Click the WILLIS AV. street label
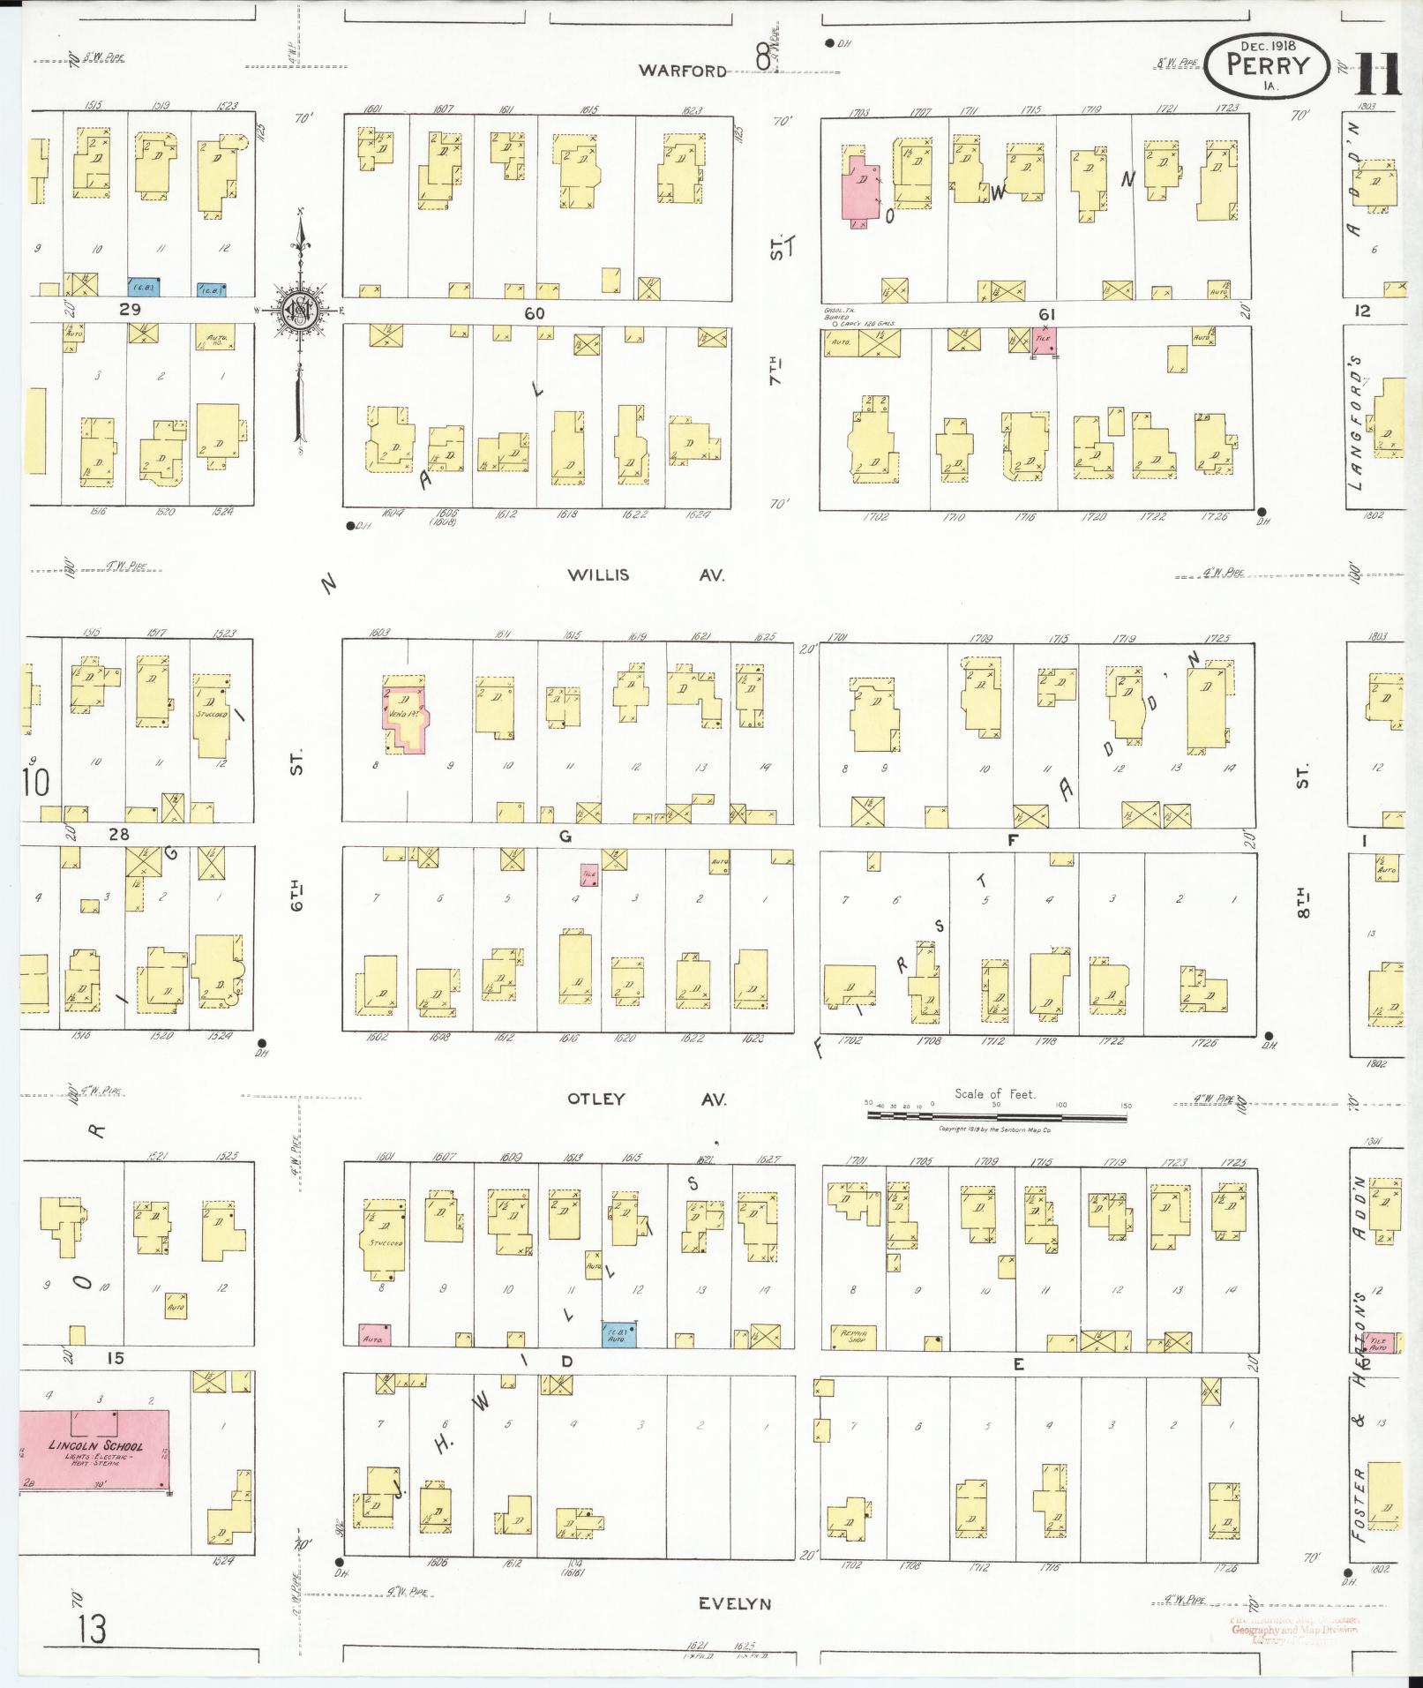click(646, 575)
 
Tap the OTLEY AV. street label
click(646, 1099)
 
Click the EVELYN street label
click(735, 1604)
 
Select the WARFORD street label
click(683, 71)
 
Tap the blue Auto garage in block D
click(618, 1335)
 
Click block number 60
click(534, 313)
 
